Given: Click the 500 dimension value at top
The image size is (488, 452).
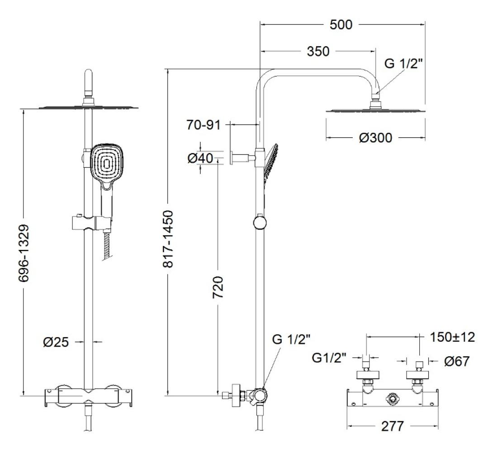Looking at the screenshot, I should pyautogui.click(x=341, y=25).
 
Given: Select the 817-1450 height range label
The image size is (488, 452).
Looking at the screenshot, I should pyautogui.click(x=167, y=238).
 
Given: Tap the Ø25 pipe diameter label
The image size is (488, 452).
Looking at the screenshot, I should pyautogui.click(x=57, y=342).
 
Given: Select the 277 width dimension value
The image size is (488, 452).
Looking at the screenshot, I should pyautogui.click(x=392, y=426).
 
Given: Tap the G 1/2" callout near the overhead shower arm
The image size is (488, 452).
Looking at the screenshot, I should pyautogui.click(x=404, y=64).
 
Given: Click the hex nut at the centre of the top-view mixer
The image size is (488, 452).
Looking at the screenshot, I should pyautogui.click(x=392, y=399).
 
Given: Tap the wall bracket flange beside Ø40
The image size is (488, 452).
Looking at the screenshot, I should pyautogui.click(x=231, y=157).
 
